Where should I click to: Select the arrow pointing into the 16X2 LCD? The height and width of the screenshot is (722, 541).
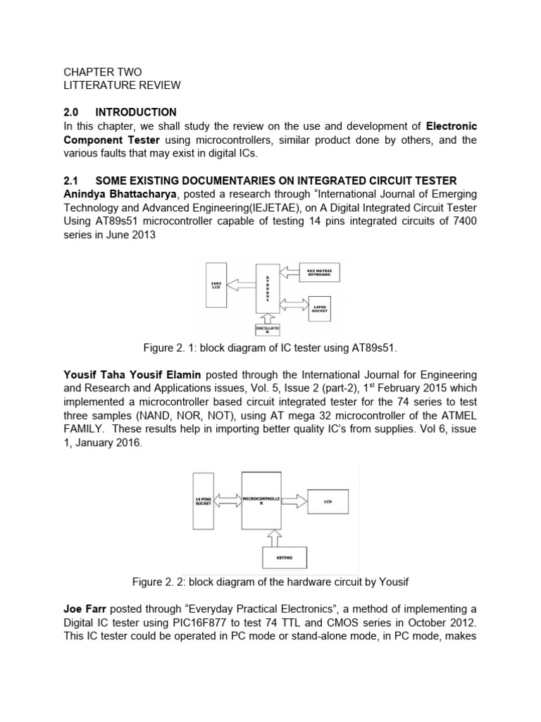coord(240,285)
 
